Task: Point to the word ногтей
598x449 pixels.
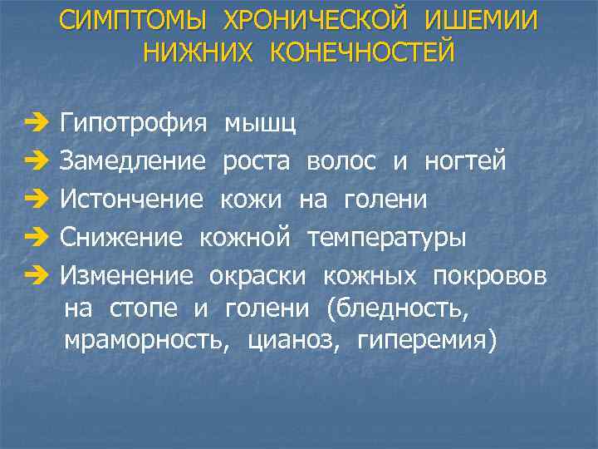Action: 465,161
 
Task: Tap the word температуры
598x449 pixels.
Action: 386,239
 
